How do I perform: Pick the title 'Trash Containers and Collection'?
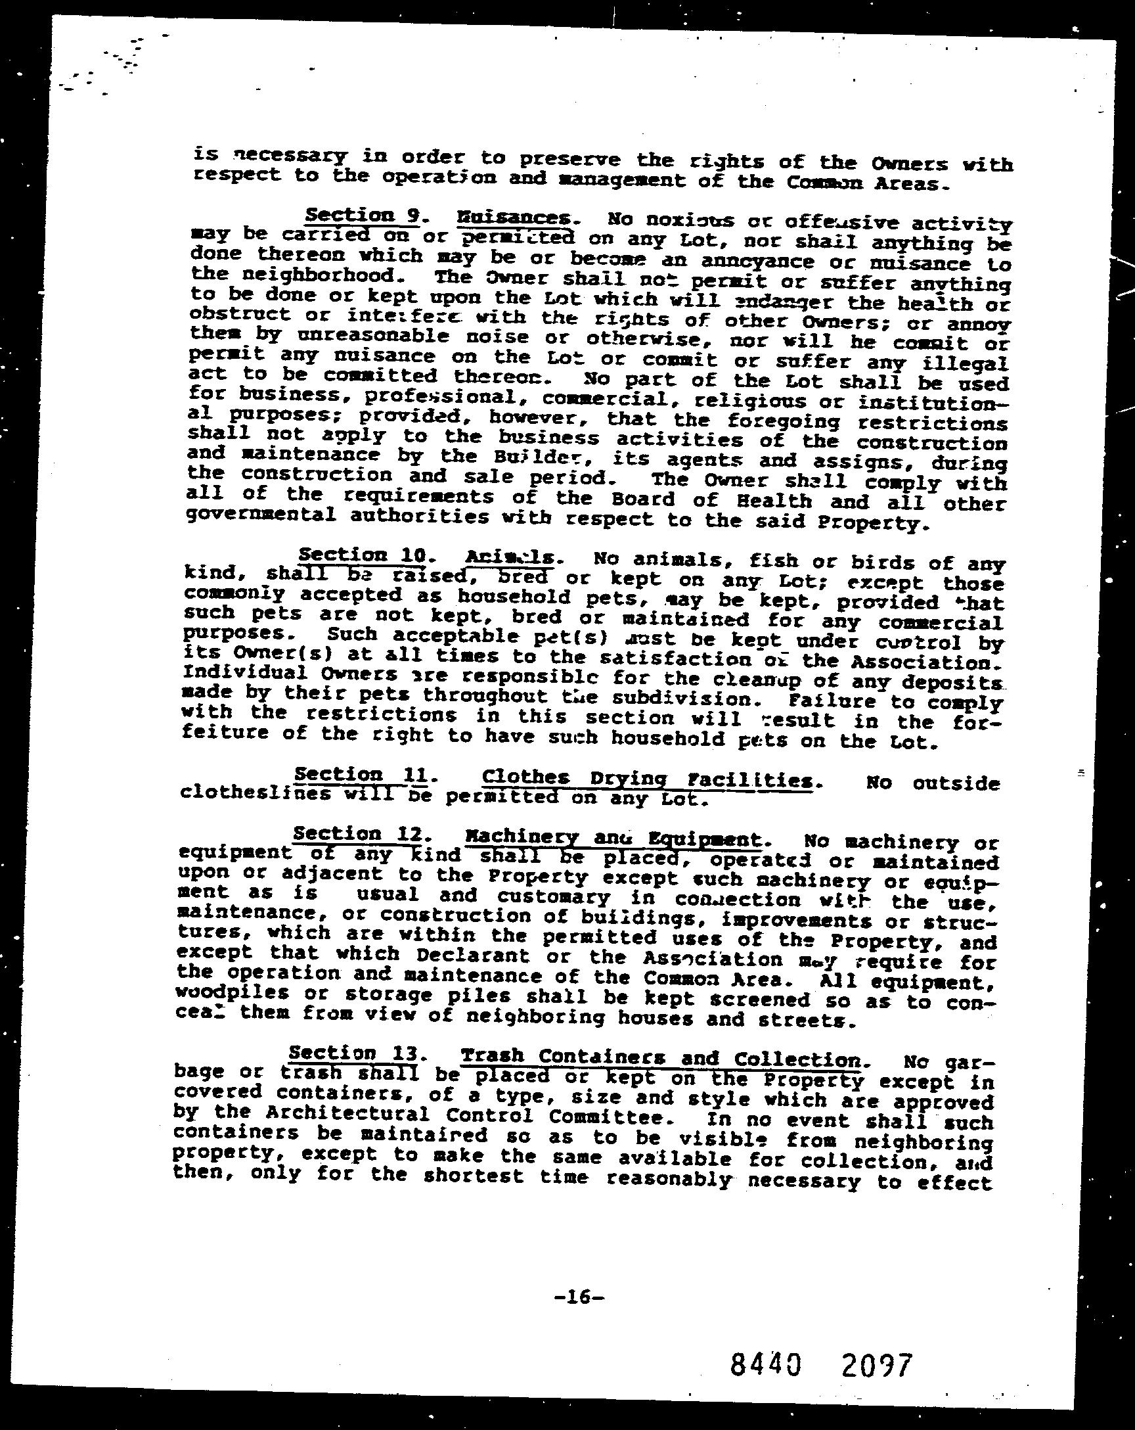pos(659,1058)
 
